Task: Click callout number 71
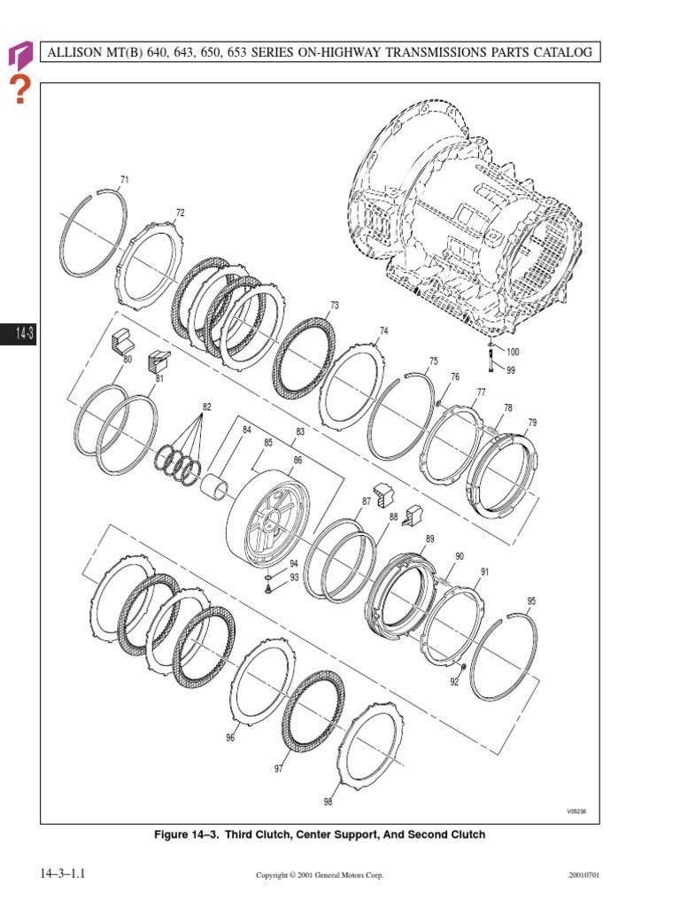(124, 180)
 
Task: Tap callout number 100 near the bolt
(513, 352)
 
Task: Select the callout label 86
(297, 461)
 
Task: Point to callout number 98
(328, 802)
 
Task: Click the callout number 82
(206, 407)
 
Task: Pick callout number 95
(531, 601)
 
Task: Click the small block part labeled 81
(158, 360)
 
